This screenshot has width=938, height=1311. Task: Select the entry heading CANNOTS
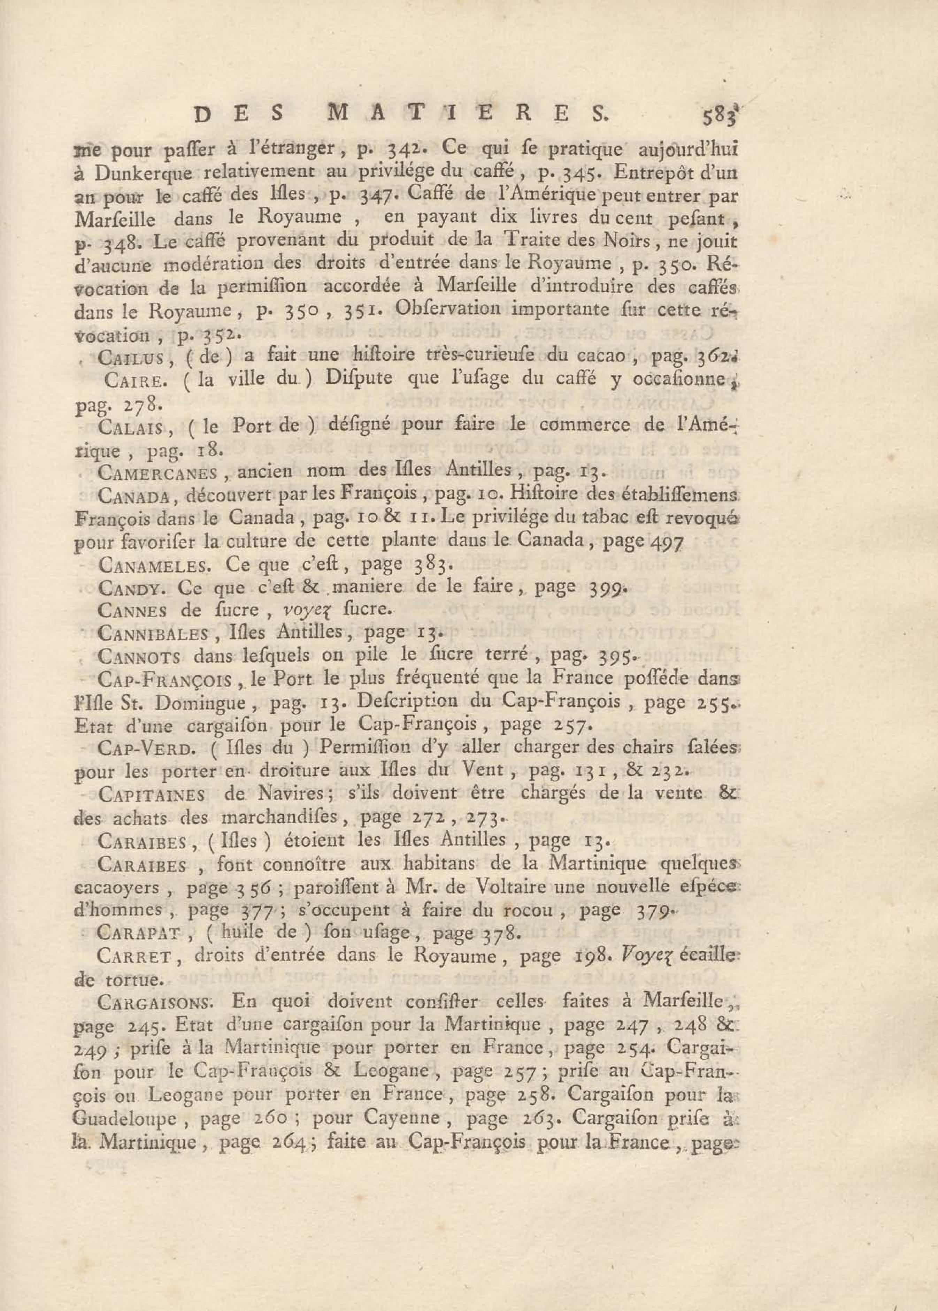point(139,657)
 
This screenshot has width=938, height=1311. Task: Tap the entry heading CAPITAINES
point(151,795)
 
